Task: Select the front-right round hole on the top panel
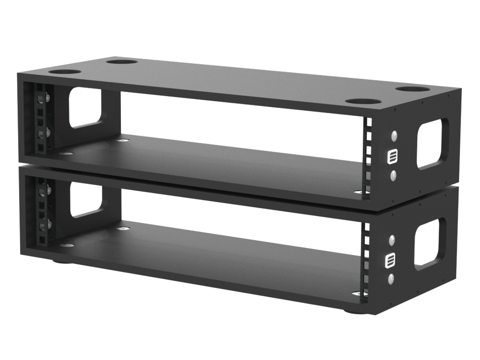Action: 355,101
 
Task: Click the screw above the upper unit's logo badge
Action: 394,136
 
